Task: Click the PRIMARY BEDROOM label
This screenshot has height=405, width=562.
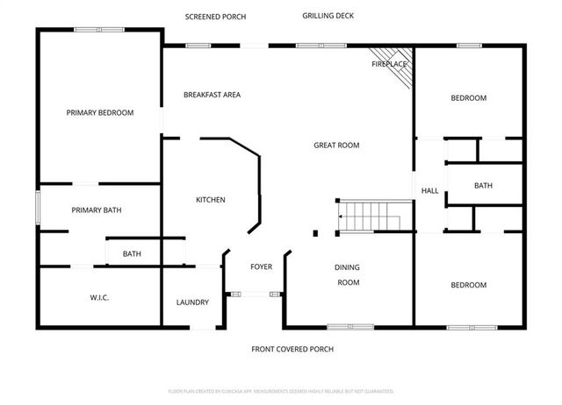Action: [100, 112]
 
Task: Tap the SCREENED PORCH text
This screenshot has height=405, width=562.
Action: [215, 17]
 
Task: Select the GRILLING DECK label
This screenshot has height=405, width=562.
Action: [328, 16]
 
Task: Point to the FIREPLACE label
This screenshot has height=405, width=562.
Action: [388, 64]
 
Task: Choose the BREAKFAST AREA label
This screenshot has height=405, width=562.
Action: [212, 95]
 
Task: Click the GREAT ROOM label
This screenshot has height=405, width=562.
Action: [336, 145]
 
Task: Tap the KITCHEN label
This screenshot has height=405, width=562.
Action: [210, 200]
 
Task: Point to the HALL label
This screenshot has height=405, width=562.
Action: [429, 191]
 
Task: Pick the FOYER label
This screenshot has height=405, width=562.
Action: [262, 266]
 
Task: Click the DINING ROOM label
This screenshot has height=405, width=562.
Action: [349, 274]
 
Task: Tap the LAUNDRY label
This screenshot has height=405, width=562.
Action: [192, 302]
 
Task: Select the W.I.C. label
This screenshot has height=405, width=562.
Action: [98, 298]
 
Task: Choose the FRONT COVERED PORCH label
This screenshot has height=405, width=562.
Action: [292, 349]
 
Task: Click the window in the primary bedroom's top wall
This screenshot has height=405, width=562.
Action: [98, 29]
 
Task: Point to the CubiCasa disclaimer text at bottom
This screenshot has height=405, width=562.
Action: [281, 391]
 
